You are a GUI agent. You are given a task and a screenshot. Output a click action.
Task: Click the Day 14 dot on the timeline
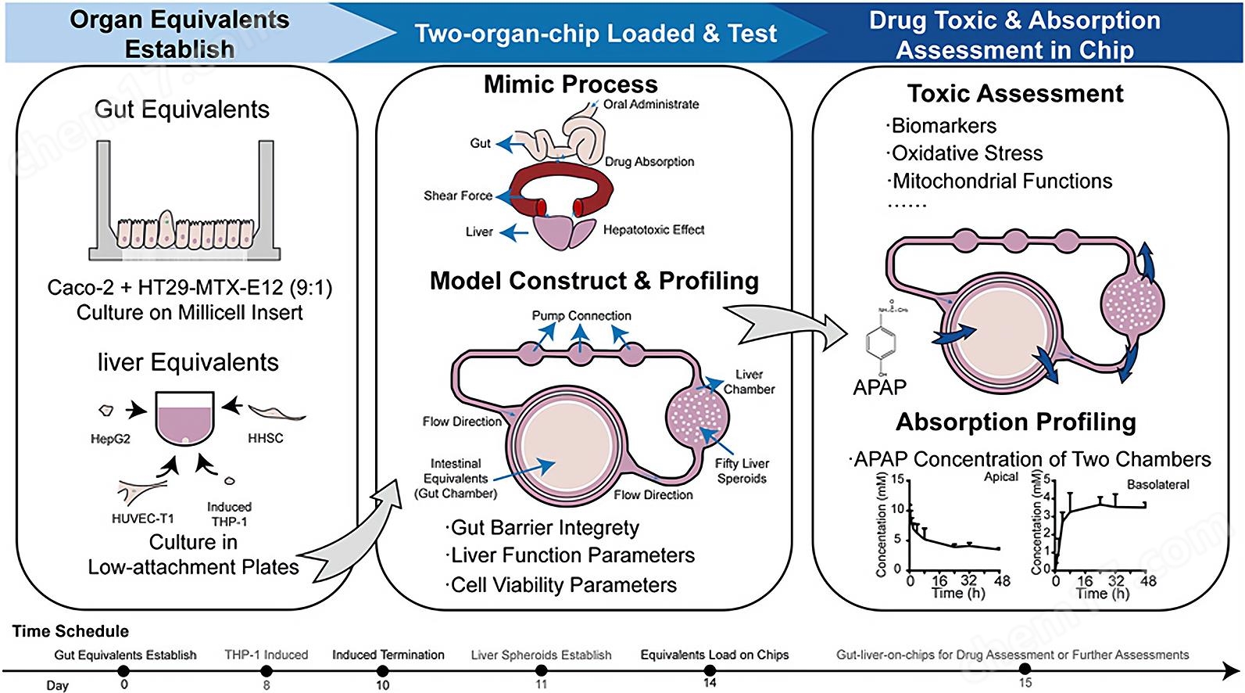pos(710,670)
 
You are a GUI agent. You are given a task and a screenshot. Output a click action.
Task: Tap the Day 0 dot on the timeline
pos(123,670)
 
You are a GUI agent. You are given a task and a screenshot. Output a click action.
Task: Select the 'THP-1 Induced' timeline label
pos(266,655)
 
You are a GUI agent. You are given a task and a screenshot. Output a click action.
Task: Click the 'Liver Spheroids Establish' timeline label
pos(541,655)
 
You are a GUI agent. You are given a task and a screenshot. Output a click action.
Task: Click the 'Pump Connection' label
pos(581,316)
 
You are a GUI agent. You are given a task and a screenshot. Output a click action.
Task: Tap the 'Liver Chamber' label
pos(749,382)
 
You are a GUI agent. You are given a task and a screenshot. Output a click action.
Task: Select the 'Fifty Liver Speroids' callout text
pos(742,471)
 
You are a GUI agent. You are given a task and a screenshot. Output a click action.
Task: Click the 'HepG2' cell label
pos(110,440)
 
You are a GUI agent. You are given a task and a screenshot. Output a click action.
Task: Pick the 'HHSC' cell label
pos(266,439)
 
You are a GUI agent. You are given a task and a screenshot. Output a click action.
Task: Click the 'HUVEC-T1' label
pos(143,519)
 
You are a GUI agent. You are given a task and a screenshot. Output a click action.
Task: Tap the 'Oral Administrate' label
pos(651,104)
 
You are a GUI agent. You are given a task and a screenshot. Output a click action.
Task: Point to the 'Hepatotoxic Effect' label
pos(653,230)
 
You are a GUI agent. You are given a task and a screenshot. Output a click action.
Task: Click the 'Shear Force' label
pos(458,196)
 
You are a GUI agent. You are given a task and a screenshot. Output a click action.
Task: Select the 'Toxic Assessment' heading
pos(1015,94)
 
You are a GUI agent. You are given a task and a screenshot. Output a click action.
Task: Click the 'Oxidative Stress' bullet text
pos(967,153)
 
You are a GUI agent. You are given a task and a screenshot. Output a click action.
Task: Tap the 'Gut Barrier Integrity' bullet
pos(545,528)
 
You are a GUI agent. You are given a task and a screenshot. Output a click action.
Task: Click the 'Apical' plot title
pos(1001,476)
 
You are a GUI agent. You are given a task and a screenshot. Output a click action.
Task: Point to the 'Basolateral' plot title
pos(1157,484)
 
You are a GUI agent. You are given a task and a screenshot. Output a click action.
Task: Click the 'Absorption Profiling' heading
pos(1015,422)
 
